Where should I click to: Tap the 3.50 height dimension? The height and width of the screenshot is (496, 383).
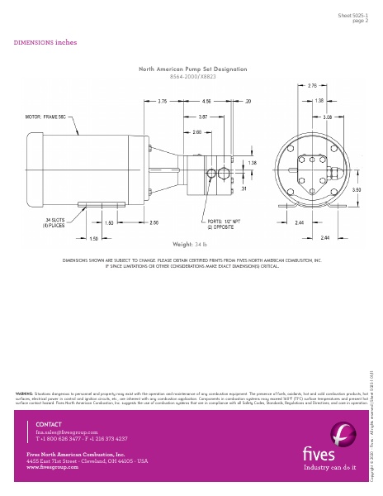(x=356, y=189)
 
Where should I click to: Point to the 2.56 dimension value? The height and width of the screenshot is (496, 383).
(x=154, y=222)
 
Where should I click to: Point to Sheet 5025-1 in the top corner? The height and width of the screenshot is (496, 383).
(x=353, y=16)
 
